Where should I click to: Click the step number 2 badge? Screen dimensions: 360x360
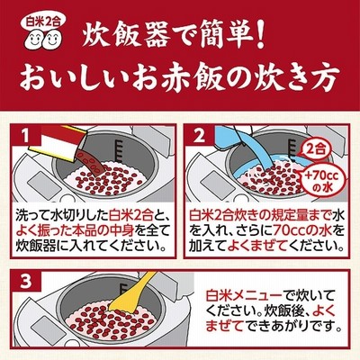click(199, 136)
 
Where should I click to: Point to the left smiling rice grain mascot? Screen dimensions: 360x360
click(34, 40)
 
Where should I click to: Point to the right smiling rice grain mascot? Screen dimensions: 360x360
click(53, 40)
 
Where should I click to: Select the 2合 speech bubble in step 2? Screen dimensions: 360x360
click(316, 148)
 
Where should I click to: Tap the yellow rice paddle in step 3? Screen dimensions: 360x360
click(133, 291)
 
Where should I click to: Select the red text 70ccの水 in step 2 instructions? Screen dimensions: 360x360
click(306, 231)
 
